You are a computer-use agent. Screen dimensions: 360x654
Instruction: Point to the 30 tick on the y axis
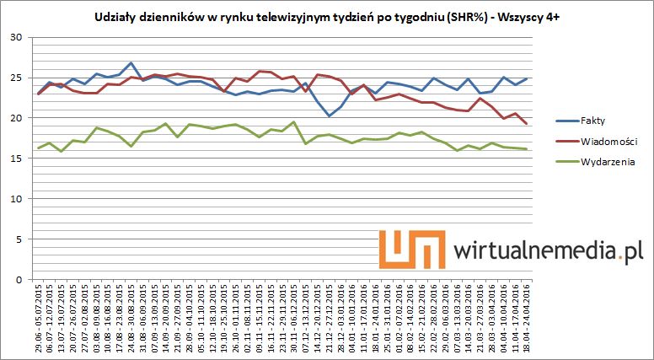pyautogui.click(x=17, y=37)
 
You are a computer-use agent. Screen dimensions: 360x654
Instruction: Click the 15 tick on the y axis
pyautogui.click(x=17, y=159)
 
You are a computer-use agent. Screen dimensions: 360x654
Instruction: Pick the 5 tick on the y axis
pyautogui.click(x=20, y=239)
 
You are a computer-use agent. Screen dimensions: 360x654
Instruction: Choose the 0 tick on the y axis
pyautogui.click(x=20, y=279)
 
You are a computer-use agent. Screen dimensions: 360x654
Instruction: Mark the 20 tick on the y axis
pyautogui.click(x=17, y=118)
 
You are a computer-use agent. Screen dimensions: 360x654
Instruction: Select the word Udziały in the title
pyautogui.click(x=113, y=17)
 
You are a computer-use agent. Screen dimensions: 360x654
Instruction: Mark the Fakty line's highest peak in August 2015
pyautogui.click(x=131, y=62)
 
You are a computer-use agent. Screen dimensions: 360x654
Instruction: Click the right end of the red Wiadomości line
pyautogui.click(x=528, y=124)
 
